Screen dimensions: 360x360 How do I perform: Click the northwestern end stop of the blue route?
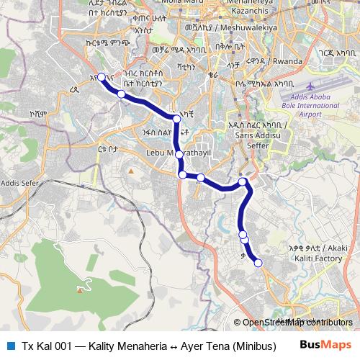click(102, 77)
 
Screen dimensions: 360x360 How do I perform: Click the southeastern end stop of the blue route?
click(258, 263)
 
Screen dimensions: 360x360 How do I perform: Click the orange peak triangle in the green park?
click(79, 289)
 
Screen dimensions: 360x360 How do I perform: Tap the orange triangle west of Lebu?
click(130, 170)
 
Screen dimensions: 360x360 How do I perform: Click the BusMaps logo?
click(325, 345)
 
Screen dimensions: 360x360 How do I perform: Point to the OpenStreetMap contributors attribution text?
click(297, 322)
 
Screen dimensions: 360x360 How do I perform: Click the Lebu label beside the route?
click(155, 153)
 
